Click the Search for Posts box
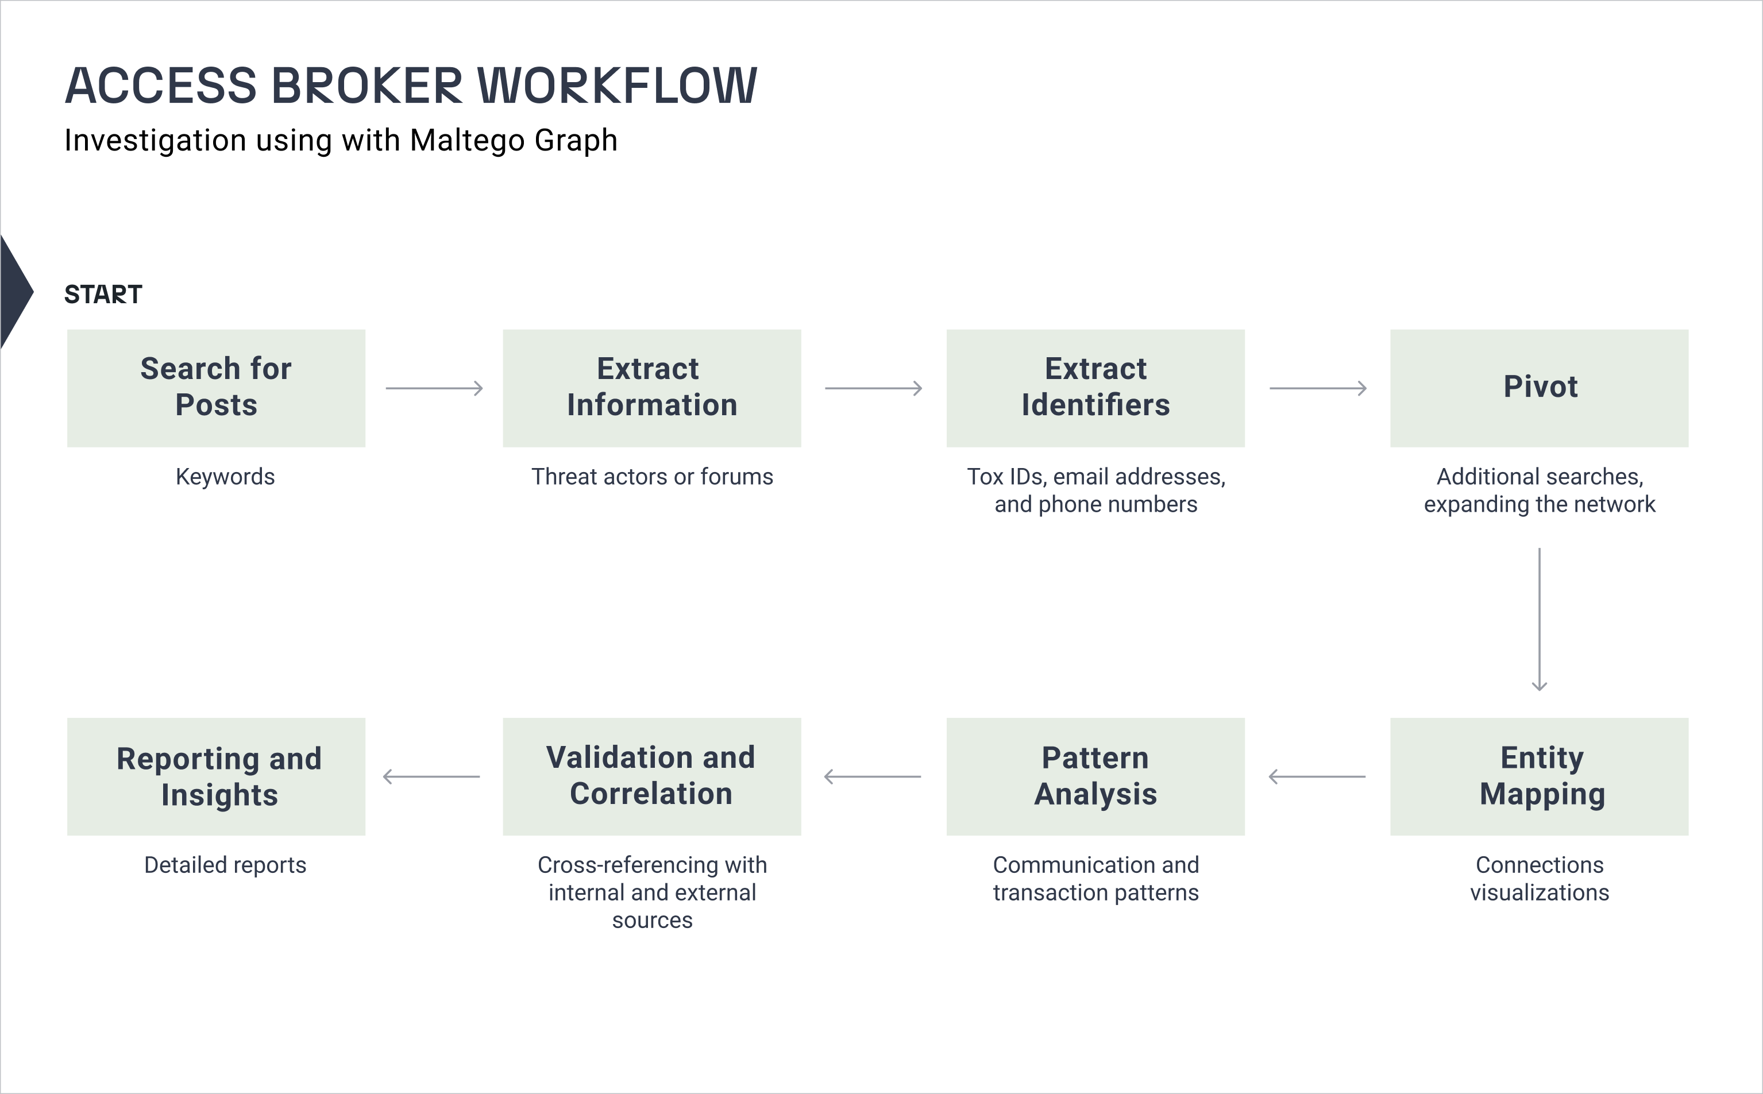pos(217,389)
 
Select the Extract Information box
pos(652,389)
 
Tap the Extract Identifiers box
pos(1095,389)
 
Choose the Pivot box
pos(1540,389)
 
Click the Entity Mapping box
pos(1540,776)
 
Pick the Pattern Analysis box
pos(1095,776)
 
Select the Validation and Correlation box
pos(652,776)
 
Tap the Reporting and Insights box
pos(217,776)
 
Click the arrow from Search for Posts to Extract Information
pos(434,389)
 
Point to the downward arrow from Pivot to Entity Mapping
pos(1540,619)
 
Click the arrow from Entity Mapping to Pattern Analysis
pos(1317,776)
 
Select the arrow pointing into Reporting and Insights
pos(431,776)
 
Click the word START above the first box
pos(103,295)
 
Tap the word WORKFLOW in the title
pos(618,86)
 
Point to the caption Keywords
pos(225,477)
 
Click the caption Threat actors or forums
pos(652,477)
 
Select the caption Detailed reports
pos(225,865)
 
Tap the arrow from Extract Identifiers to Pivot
pos(1318,389)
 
